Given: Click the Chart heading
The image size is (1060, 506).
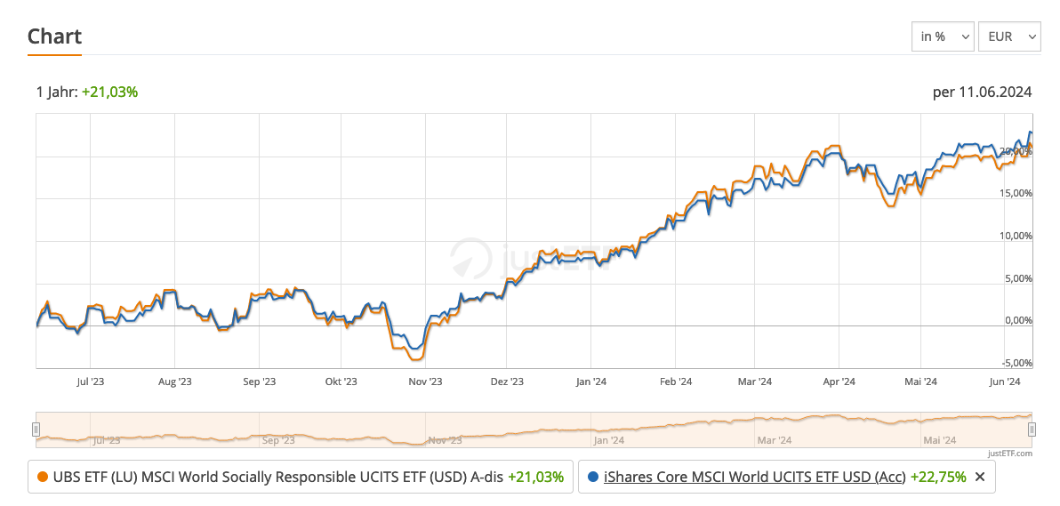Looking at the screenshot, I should (x=54, y=36).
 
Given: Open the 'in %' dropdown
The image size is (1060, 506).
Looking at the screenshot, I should (x=943, y=36).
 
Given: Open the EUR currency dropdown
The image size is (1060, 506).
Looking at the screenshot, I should (x=1008, y=36).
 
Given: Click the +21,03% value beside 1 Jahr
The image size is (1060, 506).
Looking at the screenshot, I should (x=109, y=92).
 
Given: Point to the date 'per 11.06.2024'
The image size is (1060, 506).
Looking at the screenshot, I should (x=982, y=92).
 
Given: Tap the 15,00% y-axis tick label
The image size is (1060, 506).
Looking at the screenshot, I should (x=1014, y=194).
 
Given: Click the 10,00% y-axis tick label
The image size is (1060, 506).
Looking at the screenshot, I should (x=1014, y=237).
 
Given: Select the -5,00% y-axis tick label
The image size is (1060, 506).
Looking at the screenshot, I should (x=1015, y=364).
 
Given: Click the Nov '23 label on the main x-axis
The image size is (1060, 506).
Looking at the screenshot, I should (x=425, y=382).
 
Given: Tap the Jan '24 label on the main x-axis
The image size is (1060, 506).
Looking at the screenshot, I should (x=590, y=382).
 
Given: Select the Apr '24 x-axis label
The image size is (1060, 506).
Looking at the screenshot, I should (x=839, y=382).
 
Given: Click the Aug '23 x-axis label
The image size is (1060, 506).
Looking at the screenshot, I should (x=174, y=382).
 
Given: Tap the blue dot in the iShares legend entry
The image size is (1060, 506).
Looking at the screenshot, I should (x=593, y=477).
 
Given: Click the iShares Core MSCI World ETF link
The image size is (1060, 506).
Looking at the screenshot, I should (x=754, y=477).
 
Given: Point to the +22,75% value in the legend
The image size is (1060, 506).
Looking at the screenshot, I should (x=938, y=477).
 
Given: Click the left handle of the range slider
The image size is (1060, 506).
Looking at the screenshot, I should (x=36, y=430).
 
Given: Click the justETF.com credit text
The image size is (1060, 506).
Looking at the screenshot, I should (x=1009, y=454).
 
